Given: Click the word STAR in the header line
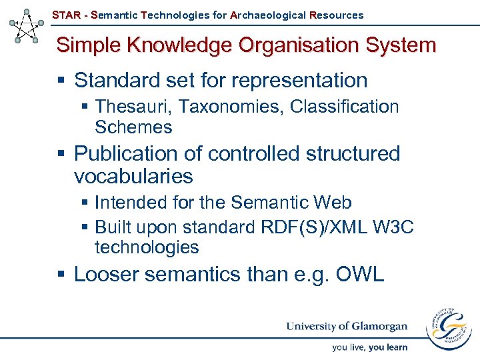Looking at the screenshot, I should (x=66, y=15).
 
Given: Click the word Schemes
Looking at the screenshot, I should (x=133, y=127).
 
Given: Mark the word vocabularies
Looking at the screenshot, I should (x=133, y=177).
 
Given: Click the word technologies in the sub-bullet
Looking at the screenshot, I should (x=147, y=247).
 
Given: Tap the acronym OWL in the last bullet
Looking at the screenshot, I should (x=361, y=274).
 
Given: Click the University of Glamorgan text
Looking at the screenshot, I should (x=347, y=326).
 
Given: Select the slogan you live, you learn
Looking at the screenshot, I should (x=370, y=347).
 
